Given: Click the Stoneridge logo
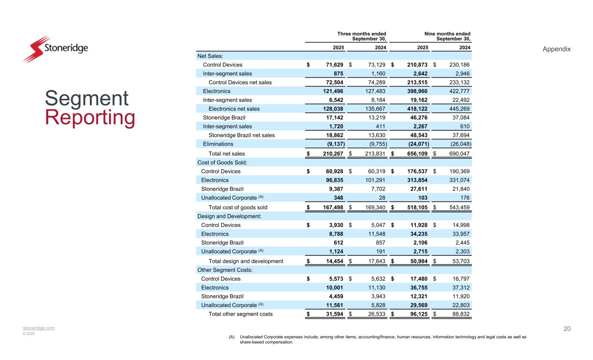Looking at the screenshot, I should pyautogui.click(x=55, y=49).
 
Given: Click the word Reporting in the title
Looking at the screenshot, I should pyautogui.click(x=90, y=118).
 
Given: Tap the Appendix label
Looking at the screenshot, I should pyautogui.click(x=557, y=49).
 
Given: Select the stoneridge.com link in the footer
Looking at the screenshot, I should pyautogui.click(x=39, y=328).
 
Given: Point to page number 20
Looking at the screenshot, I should pyautogui.click(x=567, y=329).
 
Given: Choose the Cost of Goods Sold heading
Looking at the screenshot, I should pyautogui.click(x=221, y=162).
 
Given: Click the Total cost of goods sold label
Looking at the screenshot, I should pyautogui.click(x=238, y=207).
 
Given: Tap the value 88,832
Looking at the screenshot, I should pyautogui.click(x=459, y=314).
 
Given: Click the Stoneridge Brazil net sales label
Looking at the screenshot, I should pyautogui.click(x=242, y=135).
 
